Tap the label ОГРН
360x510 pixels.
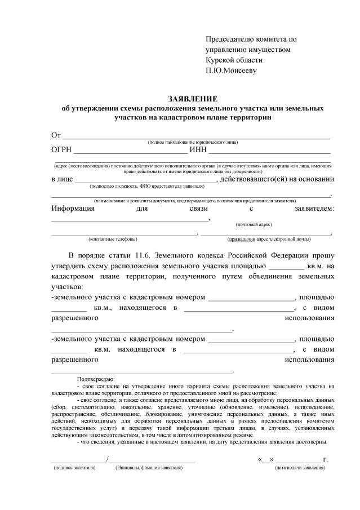pos(61,149)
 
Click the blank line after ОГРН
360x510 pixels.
pos(130,152)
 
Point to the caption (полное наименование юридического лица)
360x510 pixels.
pos(193,143)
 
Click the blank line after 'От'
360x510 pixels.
pos(195,138)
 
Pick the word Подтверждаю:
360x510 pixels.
pos(96,379)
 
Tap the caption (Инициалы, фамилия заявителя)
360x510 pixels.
pos(149,468)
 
